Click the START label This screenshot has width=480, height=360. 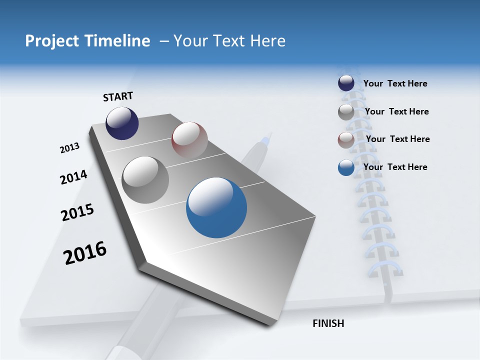click(x=118, y=96)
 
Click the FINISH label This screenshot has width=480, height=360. click(x=328, y=323)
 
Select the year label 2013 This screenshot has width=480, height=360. click(x=69, y=148)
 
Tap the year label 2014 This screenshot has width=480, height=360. click(x=73, y=177)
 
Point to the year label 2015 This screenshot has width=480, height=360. click(x=77, y=212)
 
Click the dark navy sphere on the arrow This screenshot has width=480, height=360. click(x=122, y=123)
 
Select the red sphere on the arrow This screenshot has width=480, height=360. click(x=189, y=139)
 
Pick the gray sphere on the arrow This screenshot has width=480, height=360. click(x=145, y=179)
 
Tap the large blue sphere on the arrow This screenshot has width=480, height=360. click(x=216, y=207)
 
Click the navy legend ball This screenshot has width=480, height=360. click(x=346, y=83)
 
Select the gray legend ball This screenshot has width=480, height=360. click(x=346, y=112)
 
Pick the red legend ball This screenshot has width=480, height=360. click(x=346, y=140)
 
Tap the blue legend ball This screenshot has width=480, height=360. click(x=346, y=167)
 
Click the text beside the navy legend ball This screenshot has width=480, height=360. click(x=395, y=83)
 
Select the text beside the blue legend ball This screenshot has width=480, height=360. click(x=395, y=167)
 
